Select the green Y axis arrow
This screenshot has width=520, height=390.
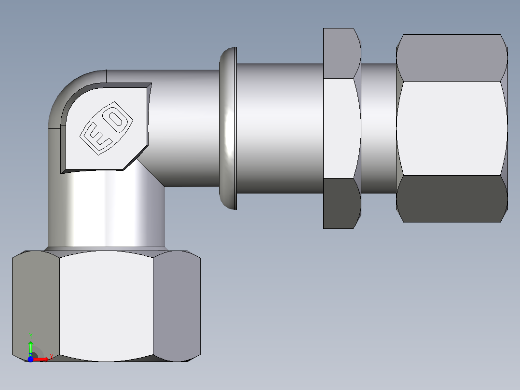[x=30, y=347]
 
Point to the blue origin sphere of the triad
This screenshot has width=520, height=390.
[x=30, y=359]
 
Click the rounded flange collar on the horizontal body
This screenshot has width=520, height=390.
[x=228, y=128]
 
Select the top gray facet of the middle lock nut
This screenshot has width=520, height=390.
[x=342, y=53]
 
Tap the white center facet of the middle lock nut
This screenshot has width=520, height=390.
[x=342, y=128]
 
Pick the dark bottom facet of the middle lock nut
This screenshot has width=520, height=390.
[x=342, y=203]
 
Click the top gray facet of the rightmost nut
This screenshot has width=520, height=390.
[x=452, y=57]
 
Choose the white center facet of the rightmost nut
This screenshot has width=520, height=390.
[x=452, y=128]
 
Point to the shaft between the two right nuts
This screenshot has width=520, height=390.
[x=379, y=128]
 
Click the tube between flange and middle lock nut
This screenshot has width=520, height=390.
[x=280, y=128]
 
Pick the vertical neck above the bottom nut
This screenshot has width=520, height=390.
[x=106, y=212]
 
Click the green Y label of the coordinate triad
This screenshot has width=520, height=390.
[x=31, y=335]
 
